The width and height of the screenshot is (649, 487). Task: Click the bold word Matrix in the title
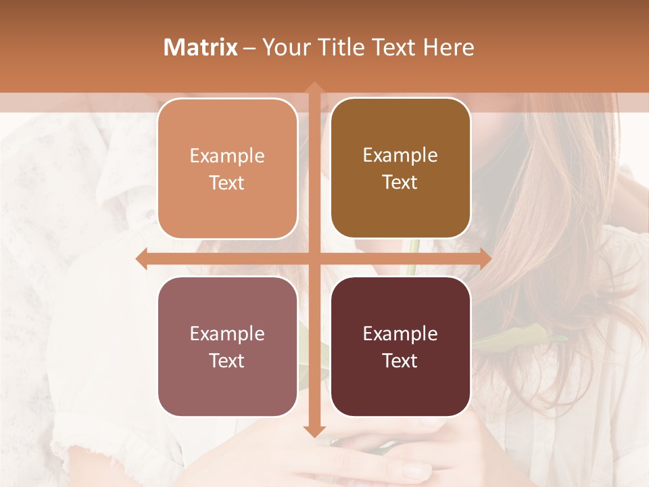(201, 47)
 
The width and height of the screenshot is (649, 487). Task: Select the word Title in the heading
(341, 47)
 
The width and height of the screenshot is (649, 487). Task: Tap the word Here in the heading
(448, 47)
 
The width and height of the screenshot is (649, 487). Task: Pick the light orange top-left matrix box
(227, 168)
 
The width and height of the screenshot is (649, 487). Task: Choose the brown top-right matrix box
(400, 168)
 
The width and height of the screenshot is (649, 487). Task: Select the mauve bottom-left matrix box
(227, 346)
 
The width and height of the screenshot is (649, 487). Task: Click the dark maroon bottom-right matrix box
(400, 346)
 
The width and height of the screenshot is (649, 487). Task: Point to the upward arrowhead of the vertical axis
(314, 87)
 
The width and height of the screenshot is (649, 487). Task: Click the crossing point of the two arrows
(314, 258)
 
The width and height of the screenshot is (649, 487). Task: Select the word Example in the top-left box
(227, 156)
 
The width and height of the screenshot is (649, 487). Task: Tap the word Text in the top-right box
(400, 183)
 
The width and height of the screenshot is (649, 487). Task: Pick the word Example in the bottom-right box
(400, 333)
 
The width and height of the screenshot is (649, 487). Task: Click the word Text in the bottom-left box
(227, 361)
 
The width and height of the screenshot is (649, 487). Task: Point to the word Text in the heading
(392, 47)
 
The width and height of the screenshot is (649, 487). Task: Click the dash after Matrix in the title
(249, 48)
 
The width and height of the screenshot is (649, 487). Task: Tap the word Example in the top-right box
(400, 156)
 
